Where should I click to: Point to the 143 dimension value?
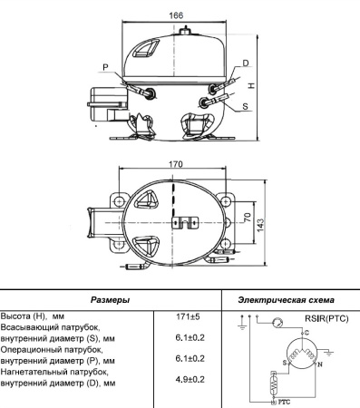262,223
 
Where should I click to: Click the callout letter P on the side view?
106,68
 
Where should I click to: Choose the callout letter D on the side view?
245,63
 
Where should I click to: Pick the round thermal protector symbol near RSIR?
278,321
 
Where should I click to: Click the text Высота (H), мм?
32,316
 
